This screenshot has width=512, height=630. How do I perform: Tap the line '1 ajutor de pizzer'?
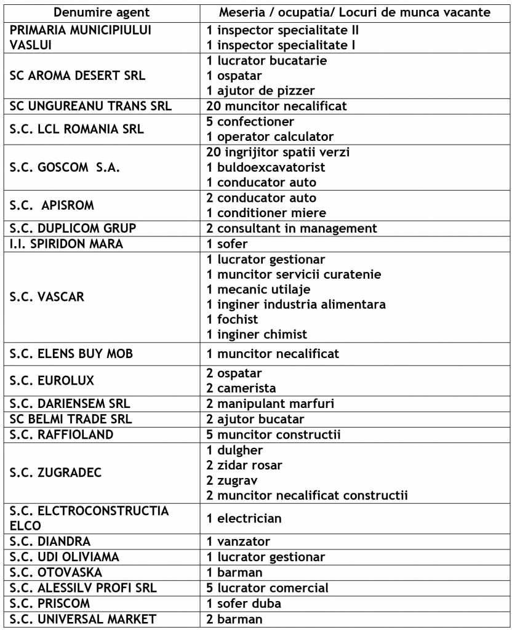tap(261, 90)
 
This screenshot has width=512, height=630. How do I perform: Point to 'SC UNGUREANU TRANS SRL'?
tap(91, 106)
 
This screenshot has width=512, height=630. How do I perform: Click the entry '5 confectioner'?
tap(250, 121)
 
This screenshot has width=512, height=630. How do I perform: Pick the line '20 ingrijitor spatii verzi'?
tap(278, 152)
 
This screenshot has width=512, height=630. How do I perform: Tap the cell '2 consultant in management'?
tap(292, 228)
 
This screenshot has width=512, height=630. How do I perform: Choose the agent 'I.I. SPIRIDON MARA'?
tap(66, 244)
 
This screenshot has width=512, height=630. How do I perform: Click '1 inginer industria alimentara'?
tap(297, 304)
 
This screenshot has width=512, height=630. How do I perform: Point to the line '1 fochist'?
tap(233, 319)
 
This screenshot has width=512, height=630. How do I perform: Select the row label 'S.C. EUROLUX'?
tap(52, 381)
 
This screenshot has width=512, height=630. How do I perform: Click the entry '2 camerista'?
tap(241, 388)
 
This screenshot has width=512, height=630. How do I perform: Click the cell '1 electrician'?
tap(244, 518)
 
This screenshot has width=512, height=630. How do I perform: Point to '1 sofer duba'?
tap(244, 603)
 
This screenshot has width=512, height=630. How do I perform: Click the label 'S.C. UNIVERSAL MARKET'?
tap(83, 619)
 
